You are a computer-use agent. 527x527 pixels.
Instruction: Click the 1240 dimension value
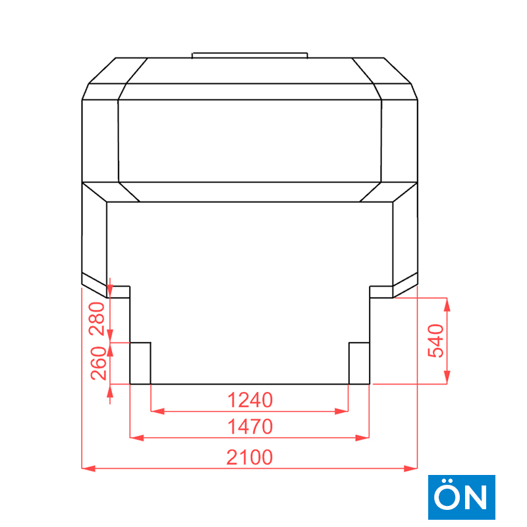click(250, 400)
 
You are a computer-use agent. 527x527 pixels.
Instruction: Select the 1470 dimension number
click(250, 427)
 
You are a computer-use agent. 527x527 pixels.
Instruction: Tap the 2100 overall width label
click(250, 457)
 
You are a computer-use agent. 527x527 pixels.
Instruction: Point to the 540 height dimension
click(435, 341)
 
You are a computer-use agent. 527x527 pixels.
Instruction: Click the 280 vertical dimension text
click(97, 319)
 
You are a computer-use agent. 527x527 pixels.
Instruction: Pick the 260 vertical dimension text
click(98, 364)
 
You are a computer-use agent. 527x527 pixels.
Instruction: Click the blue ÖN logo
click(462, 497)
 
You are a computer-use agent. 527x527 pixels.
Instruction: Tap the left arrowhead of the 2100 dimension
click(88, 468)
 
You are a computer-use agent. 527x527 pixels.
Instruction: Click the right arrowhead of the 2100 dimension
click(410, 468)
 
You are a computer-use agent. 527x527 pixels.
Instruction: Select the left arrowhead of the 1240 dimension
click(157, 411)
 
